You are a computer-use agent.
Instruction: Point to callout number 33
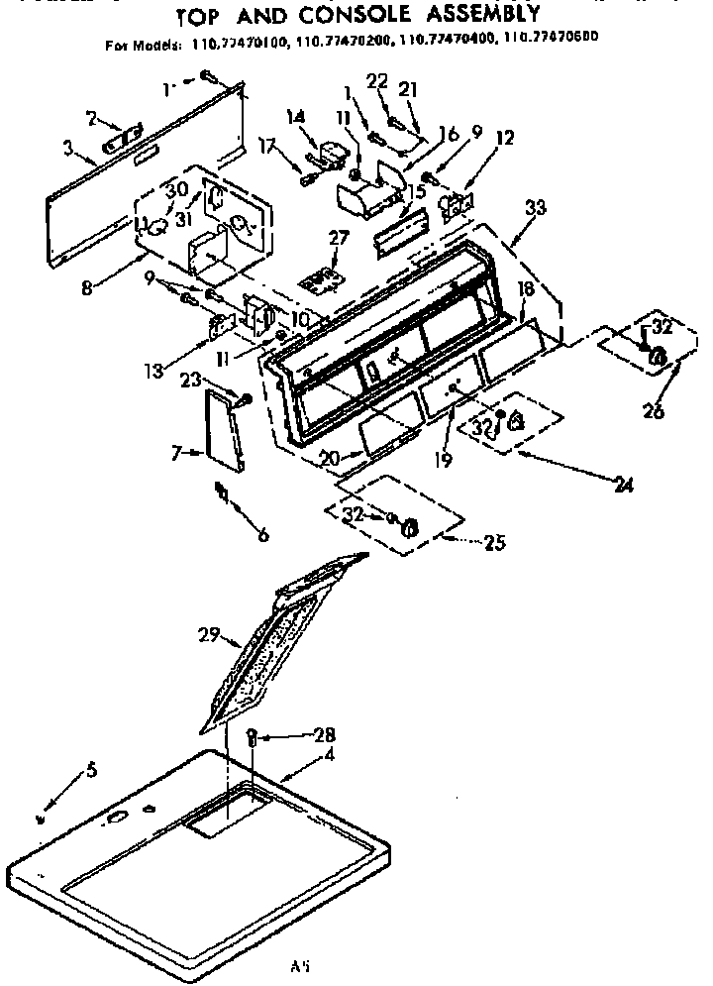536,207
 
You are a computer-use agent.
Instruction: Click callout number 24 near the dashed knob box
623,486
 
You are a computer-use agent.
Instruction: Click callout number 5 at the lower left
93,767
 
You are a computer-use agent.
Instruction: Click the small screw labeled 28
252,737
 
